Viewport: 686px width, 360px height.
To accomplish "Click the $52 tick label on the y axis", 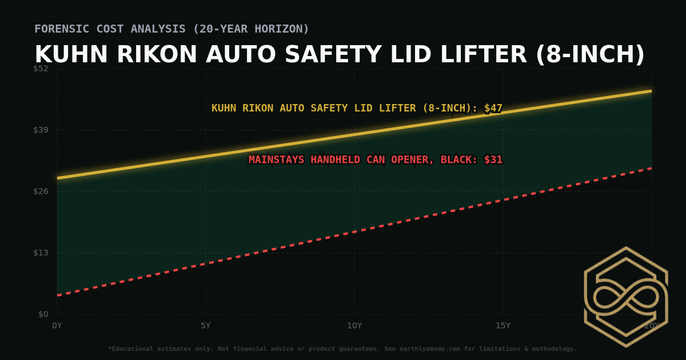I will (41, 69).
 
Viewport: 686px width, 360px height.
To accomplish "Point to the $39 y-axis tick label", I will (41, 130).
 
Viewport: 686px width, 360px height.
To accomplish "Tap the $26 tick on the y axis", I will (41, 191).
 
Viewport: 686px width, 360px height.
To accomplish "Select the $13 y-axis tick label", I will (41, 253).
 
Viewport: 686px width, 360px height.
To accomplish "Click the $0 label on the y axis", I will (43, 314).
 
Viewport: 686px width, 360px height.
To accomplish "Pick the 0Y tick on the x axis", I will (57, 326).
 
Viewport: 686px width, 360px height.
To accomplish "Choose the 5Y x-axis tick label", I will (206, 326).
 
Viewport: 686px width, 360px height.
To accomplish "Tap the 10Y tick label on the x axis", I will (354, 326).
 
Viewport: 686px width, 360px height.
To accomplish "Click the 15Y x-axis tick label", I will (503, 326).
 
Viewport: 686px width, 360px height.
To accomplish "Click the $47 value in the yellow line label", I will (493, 108).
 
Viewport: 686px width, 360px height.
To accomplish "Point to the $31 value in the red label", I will (493, 160).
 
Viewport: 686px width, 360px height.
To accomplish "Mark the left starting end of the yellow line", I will (58, 178).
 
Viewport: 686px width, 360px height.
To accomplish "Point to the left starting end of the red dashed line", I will (58, 295).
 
